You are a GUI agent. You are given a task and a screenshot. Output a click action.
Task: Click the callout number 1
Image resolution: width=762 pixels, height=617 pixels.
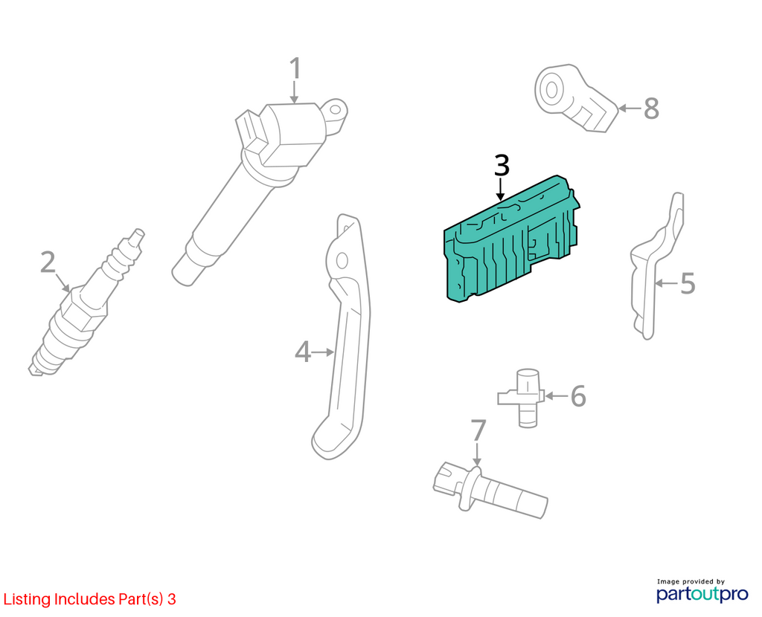point(295,68)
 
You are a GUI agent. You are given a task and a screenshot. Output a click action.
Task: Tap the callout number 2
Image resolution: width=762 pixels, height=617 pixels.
point(48,262)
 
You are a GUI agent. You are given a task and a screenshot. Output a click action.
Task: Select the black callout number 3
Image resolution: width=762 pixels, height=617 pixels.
point(502,166)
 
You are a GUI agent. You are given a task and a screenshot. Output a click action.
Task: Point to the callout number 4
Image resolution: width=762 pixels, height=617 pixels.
point(303,352)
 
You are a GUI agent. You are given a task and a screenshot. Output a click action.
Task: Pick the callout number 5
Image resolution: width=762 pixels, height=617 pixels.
point(687,283)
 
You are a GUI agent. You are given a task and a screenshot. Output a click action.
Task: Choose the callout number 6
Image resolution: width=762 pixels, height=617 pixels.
point(577,395)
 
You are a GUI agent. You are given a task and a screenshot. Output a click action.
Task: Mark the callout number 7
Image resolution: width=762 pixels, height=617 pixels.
point(478,430)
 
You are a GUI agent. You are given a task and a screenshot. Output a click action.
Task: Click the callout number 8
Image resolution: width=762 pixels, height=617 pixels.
point(651,109)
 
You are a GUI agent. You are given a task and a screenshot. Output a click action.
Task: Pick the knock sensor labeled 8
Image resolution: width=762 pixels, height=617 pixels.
point(574,97)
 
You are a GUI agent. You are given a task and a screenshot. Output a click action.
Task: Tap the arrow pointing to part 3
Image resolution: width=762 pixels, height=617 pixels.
point(500,190)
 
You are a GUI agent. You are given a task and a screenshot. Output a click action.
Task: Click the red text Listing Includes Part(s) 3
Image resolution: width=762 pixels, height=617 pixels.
point(90,599)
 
